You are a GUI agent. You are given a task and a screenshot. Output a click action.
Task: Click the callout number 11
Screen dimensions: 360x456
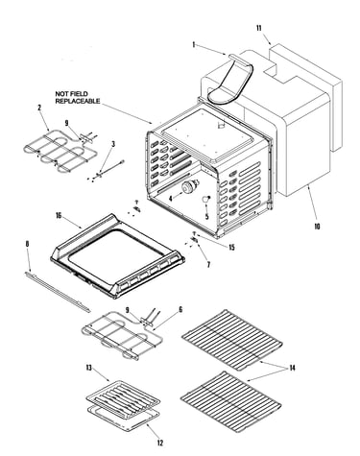258,28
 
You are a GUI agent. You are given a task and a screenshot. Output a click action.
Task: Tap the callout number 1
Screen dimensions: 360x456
193,44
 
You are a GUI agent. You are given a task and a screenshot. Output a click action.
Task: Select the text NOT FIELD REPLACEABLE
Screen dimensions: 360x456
78,97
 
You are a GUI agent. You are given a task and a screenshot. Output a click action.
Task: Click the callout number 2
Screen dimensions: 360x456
39,108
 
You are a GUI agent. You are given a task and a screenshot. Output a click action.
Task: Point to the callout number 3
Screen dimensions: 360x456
113,144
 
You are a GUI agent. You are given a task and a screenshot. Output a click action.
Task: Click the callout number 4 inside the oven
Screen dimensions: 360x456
171,199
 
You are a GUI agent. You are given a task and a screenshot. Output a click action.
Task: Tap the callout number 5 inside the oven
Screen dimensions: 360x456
206,216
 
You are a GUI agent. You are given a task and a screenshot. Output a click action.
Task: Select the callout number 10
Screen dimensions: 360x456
317,227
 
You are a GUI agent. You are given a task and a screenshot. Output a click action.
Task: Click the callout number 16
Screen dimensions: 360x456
59,216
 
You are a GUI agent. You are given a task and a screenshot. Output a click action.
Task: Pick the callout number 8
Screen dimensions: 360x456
27,244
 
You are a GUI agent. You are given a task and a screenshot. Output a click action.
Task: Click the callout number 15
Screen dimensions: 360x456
231,248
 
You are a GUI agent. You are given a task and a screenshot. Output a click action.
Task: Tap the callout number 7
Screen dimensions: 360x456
208,265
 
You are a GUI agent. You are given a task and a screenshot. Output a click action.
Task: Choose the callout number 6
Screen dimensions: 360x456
180,309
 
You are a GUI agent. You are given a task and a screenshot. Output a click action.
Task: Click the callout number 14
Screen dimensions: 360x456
292,368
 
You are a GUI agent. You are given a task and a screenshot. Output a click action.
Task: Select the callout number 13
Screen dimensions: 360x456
88,368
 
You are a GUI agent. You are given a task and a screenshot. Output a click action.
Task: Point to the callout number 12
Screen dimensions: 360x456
160,443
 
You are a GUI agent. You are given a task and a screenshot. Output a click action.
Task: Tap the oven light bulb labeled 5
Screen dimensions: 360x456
205,199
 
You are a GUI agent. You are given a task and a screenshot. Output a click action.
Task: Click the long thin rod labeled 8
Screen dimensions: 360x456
58,291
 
